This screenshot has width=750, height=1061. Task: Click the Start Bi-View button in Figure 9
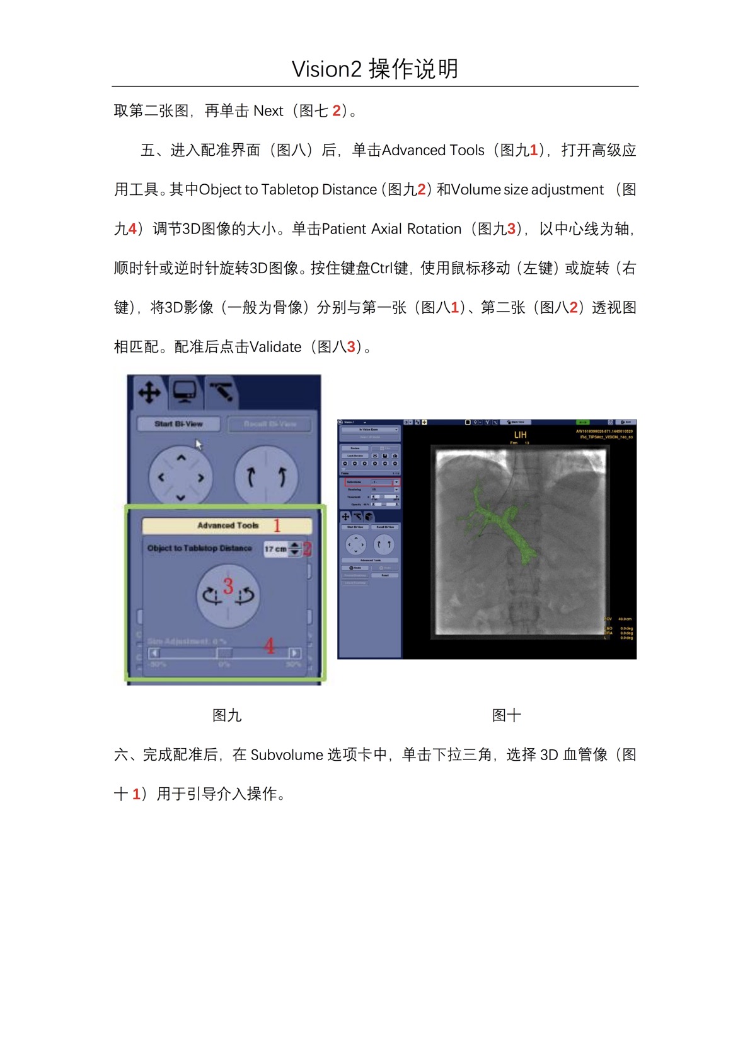(178, 424)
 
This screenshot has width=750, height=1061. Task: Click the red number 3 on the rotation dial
(228, 586)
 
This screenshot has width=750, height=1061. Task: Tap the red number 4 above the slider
(270, 645)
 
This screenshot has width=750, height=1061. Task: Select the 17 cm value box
(275, 549)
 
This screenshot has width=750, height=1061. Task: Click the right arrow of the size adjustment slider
(294, 653)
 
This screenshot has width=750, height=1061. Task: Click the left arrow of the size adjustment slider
(154, 653)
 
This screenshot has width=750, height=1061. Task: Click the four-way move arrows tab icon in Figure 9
(149, 392)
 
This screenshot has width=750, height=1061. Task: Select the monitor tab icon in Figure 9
(185, 392)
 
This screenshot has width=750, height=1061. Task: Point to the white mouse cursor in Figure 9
(199, 445)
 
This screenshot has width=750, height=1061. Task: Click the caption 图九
(227, 715)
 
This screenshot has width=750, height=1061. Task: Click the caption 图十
(506, 715)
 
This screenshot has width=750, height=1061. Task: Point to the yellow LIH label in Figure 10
(520, 435)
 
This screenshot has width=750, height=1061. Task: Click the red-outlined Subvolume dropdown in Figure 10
(372, 482)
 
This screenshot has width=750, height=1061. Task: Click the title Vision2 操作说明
(375, 69)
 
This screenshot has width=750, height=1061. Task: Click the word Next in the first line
(268, 111)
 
